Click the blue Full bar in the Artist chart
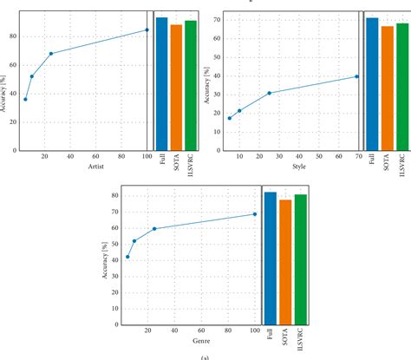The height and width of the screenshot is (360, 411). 162,83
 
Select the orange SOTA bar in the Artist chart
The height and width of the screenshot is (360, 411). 176,87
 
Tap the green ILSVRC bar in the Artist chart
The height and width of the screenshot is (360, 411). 191,85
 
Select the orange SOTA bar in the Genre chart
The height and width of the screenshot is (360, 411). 285,261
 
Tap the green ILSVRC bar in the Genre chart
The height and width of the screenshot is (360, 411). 301,259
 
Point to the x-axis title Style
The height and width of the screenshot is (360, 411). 298,167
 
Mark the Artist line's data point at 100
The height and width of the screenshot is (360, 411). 147,29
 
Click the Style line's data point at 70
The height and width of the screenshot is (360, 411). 356,76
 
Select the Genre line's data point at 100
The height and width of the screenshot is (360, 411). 255,214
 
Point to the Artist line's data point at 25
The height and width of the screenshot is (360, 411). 51,54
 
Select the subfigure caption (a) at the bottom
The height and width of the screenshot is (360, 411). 205,356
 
